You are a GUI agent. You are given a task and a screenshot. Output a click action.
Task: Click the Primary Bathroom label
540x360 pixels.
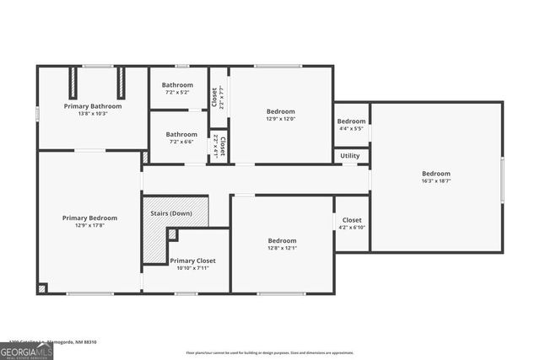[x=93, y=106]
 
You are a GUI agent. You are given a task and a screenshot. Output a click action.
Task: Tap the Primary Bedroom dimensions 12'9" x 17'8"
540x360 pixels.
[x=89, y=225]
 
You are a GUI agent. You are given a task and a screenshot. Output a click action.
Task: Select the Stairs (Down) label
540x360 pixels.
[x=171, y=213]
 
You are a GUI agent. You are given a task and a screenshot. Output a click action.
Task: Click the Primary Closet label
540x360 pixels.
[x=194, y=261]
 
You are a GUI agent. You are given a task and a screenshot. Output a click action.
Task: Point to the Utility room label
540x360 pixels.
[x=350, y=156]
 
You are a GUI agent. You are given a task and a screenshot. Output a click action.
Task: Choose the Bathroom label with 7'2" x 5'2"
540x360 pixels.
[x=178, y=85]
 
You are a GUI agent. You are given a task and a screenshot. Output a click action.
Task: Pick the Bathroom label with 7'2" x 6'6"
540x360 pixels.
[x=181, y=134]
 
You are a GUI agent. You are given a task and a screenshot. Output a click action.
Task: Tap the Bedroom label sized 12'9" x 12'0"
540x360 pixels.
[x=281, y=111]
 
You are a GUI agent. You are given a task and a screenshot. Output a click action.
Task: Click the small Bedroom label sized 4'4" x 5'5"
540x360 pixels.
[x=352, y=121]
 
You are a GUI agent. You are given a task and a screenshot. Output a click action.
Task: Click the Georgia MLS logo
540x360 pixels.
[x=26, y=352]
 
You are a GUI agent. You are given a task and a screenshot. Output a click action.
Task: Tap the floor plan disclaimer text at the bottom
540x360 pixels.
[x=269, y=352]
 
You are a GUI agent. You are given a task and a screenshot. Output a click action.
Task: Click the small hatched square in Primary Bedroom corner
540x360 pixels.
[x=42, y=287]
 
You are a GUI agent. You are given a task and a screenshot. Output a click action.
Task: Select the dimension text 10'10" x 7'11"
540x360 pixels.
[x=194, y=268]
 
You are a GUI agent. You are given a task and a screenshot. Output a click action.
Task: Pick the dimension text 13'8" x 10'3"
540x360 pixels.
[x=93, y=114]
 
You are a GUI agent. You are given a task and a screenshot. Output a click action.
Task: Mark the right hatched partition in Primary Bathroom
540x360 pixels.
[x=120, y=83]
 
